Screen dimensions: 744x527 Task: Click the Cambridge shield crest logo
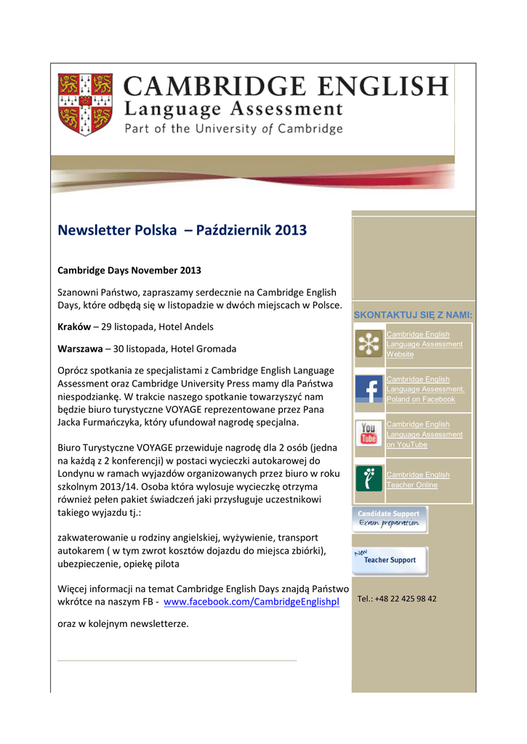(85, 104)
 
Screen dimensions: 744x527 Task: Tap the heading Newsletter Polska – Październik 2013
(182, 230)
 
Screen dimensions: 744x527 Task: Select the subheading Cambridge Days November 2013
(129, 270)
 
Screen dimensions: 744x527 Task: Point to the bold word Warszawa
(80, 349)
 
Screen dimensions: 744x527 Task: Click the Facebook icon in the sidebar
(369, 389)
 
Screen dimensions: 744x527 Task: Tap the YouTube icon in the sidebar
(369, 434)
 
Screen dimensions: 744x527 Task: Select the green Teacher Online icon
(369, 480)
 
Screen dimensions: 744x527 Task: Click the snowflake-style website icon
(369, 344)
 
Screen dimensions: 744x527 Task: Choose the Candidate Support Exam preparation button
(390, 519)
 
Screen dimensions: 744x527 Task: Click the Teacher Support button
(390, 560)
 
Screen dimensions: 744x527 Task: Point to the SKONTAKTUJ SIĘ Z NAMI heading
(413, 315)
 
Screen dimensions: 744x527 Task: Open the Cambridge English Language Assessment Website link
(424, 344)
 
